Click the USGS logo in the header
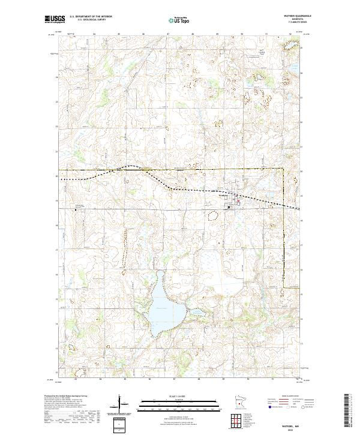[x=55, y=19]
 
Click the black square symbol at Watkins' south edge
[x=229, y=208]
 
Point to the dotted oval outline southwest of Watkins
[x=211, y=218]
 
